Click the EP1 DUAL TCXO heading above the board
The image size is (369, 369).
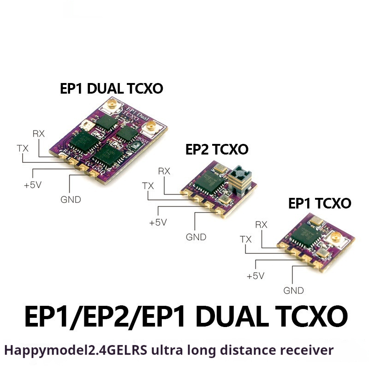tap(112, 89)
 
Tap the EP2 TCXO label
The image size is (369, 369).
tap(217, 149)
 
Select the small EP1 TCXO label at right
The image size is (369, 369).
tap(320, 203)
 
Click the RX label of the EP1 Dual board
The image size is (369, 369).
tap(39, 134)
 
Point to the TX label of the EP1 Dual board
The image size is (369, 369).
tap(22, 148)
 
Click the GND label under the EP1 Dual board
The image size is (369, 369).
tap(70, 200)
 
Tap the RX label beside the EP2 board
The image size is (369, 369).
tap(164, 171)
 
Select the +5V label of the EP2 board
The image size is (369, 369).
tap(157, 222)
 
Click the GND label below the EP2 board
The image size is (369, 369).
tap(196, 237)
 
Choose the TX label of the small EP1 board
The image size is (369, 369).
tap(246, 239)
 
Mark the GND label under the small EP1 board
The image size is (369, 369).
tap(294, 291)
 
